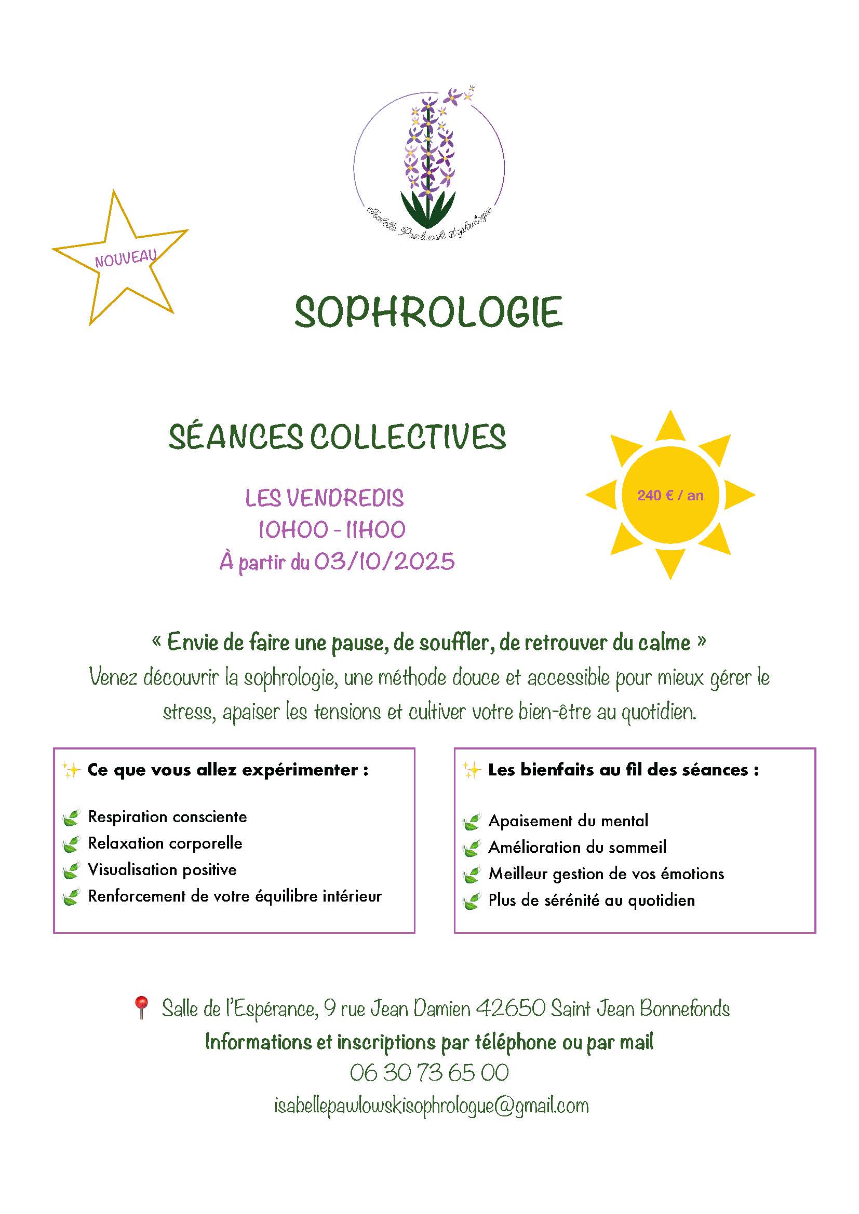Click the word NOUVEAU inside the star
point(126,257)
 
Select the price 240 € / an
point(669,496)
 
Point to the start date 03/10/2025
point(384,561)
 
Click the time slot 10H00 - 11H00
point(332,529)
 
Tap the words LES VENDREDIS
point(324,498)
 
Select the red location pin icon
point(141,1007)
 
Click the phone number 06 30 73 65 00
point(429,1073)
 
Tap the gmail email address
point(431,1106)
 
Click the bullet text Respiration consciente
point(167,817)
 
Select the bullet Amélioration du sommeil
point(577,848)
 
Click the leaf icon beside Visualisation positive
point(70,871)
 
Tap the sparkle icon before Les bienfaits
point(470,770)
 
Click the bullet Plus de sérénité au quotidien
point(592,901)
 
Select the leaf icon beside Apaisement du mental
point(471,822)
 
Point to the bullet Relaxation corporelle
point(165,843)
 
